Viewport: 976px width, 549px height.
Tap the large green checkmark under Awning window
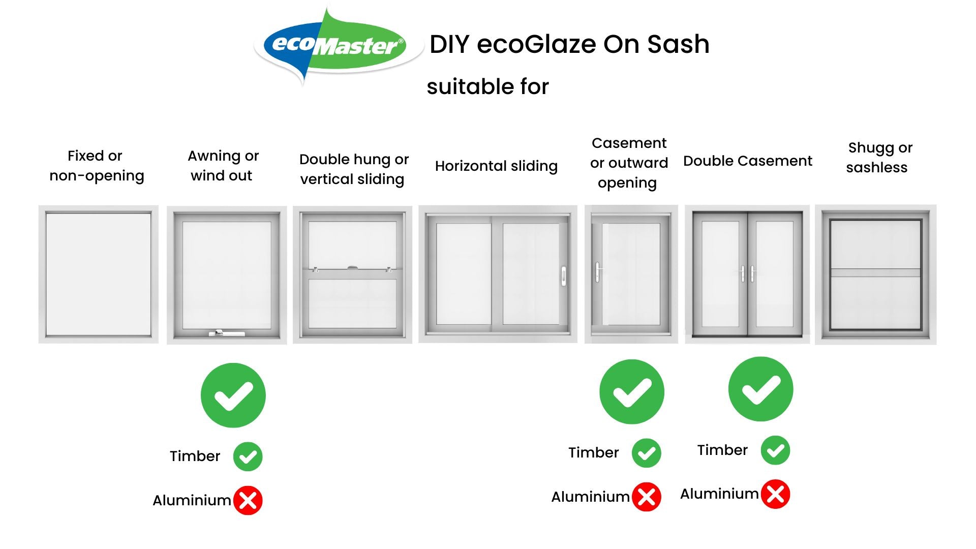coord(233,395)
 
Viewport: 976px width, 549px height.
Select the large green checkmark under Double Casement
coord(761,389)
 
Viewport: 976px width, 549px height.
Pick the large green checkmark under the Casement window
coord(632,392)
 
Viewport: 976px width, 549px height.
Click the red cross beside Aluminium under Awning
coord(248,500)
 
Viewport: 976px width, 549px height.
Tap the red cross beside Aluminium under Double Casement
coord(776,494)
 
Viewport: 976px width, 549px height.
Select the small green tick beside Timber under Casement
coord(647,453)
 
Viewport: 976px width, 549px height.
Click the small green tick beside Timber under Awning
coord(248,456)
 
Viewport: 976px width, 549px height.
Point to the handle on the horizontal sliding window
coord(563,276)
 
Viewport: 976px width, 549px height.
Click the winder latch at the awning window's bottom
coord(227,333)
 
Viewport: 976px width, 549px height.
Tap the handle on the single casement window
coord(598,272)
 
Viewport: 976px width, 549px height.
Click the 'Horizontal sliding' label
coord(496,166)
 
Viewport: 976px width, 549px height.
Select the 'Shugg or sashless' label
coord(879,158)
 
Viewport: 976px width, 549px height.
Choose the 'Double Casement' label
coord(748,161)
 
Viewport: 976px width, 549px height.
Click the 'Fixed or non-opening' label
coord(97,166)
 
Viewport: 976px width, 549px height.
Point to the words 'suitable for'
coord(488,87)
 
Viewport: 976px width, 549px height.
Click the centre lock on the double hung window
coord(352,267)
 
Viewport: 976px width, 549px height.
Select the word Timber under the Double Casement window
coord(722,450)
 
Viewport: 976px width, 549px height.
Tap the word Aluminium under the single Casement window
coord(591,497)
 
